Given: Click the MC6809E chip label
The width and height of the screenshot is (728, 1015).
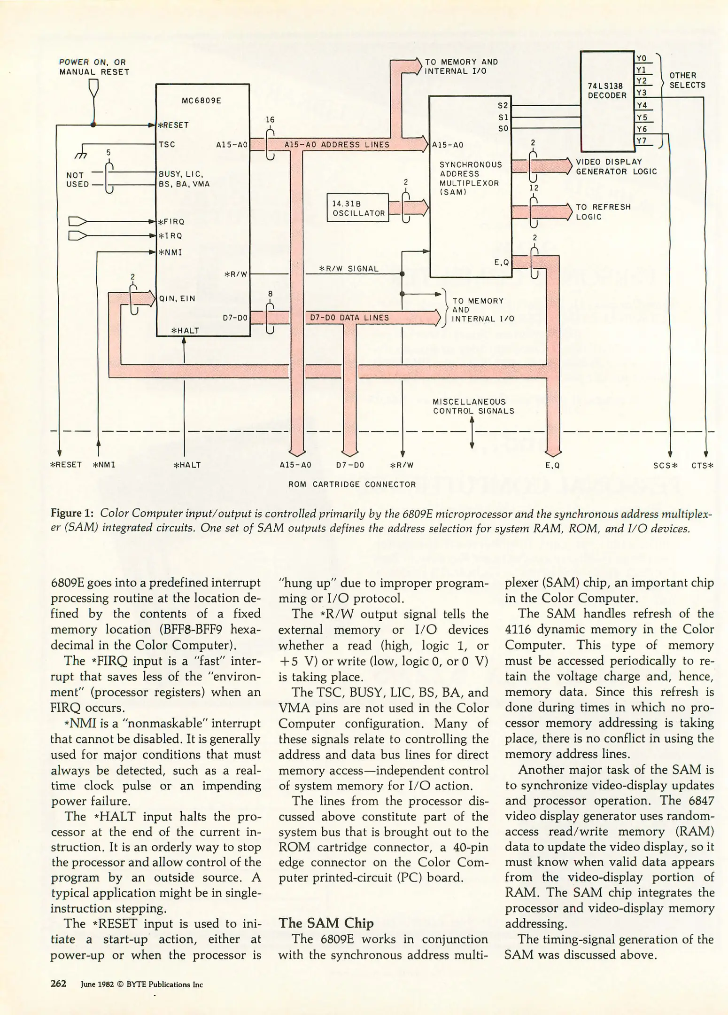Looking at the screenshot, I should click(x=201, y=101).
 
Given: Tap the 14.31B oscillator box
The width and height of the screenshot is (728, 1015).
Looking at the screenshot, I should click(x=358, y=208).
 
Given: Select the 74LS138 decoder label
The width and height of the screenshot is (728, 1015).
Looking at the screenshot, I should click(x=607, y=90).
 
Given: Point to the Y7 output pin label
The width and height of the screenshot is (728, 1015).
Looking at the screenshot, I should click(x=642, y=141).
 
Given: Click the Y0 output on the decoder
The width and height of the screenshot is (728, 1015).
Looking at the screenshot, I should click(x=642, y=58).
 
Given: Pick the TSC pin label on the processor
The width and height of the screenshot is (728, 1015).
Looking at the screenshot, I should click(x=167, y=144).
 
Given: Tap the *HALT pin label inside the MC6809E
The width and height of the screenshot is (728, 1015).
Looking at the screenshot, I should click(x=185, y=330).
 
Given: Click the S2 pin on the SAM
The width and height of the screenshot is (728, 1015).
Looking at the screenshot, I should click(x=503, y=105).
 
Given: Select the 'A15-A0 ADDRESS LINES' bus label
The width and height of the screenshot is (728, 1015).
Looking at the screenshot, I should click(x=337, y=145).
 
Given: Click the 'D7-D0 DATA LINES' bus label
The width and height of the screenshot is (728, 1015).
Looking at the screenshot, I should click(x=349, y=318).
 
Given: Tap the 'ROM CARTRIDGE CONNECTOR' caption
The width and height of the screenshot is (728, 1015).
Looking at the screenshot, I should click(x=352, y=484).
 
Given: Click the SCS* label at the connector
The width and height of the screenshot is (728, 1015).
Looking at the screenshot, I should click(x=666, y=466).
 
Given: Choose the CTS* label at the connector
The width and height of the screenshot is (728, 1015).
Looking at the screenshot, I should click(x=702, y=466).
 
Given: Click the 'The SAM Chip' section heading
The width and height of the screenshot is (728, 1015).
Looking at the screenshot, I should click(x=326, y=923).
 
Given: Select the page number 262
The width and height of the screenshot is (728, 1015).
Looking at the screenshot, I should click(x=58, y=984).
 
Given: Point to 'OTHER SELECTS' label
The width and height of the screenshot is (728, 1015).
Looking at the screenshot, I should click(x=687, y=80).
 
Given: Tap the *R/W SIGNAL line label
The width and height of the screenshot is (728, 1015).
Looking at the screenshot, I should click(x=349, y=269).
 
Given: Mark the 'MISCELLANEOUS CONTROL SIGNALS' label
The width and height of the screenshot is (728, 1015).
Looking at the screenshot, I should click(x=473, y=406).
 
